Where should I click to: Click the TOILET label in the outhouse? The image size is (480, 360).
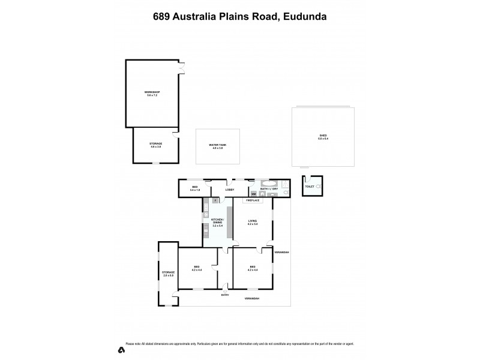click(x=309, y=187)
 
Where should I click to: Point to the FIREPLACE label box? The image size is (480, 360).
click(x=252, y=200)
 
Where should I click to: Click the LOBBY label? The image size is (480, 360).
click(x=229, y=189)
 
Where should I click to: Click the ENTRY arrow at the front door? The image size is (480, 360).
click(x=224, y=291)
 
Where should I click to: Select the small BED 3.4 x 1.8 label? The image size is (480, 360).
click(x=194, y=188)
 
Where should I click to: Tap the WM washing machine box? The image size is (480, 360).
click(x=254, y=194)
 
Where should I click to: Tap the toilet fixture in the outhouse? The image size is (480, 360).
click(x=318, y=187)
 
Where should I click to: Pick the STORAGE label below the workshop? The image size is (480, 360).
click(x=155, y=145)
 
